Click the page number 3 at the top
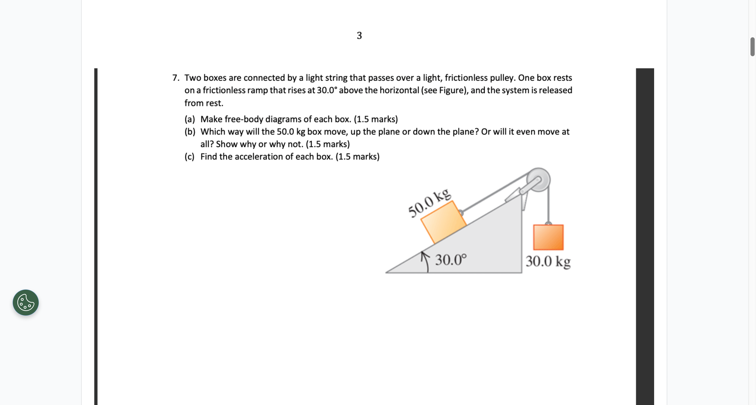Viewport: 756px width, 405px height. pos(359,35)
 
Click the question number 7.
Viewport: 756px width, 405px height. pos(175,78)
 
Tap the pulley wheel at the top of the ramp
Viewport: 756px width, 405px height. pos(539,180)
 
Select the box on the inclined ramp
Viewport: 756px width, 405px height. pos(443,222)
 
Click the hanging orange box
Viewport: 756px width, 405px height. pos(548,237)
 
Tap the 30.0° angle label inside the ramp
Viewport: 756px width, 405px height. pos(451,260)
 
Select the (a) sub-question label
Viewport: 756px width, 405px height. pos(190,119)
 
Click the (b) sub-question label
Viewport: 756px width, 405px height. pos(190,132)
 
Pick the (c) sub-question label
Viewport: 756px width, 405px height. pos(190,157)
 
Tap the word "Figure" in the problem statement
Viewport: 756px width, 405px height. pos(452,90)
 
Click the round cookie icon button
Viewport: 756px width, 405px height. pos(25,303)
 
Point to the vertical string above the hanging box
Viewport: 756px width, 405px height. pos(548,205)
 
